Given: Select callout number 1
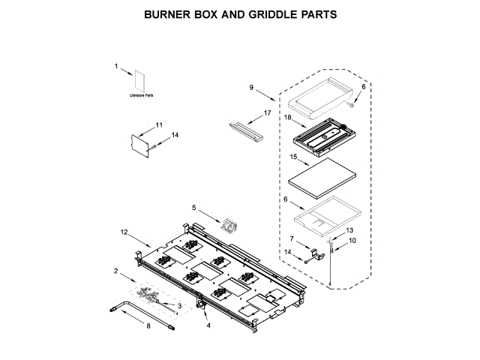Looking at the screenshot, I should [x=116, y=67].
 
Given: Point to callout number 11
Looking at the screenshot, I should [x=158, y=124].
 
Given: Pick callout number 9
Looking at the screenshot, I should [x=253, y=88].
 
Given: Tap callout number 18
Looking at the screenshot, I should [x=286, y=118].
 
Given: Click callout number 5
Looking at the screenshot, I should [x=193, y=207].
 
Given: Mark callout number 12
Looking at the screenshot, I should [x=124, y=232].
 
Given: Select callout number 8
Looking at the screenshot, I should [x=148, y=326].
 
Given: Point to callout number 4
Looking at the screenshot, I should [x=208, y=325].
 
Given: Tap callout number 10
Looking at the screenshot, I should [x=353, y=241].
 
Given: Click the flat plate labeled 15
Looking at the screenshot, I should [x=321, y=178].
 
